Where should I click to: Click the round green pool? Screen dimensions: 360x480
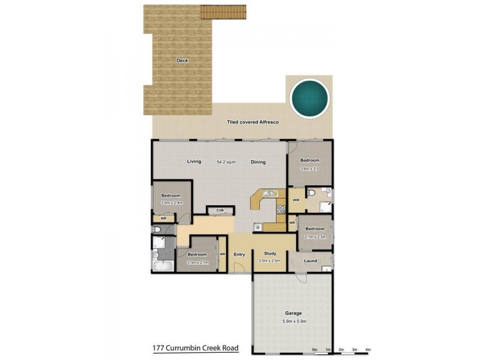click(x=310, y=97)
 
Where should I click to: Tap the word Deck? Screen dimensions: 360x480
click(x=182, y=61)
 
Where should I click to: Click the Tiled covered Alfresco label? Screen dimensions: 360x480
click(x=253, y=122)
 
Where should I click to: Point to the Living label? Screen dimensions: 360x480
click(x=193, y=161)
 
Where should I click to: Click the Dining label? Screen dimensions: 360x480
click(x=258, y=162)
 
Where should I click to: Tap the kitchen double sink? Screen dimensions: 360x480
click(x=268, y=193)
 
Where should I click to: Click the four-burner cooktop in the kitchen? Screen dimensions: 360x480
click(x=280, y=209)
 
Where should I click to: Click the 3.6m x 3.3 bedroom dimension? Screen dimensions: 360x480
click(x=310, y=169)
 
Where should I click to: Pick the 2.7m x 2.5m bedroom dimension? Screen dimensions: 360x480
click(x=315, y=237)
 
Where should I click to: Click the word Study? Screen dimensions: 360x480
click(x=270, y=254)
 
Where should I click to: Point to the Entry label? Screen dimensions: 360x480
click(x=239, y=254)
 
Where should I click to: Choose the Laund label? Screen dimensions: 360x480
click(x=310, y=260)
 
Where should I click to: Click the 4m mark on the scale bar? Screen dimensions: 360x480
click(x=368, y=349)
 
